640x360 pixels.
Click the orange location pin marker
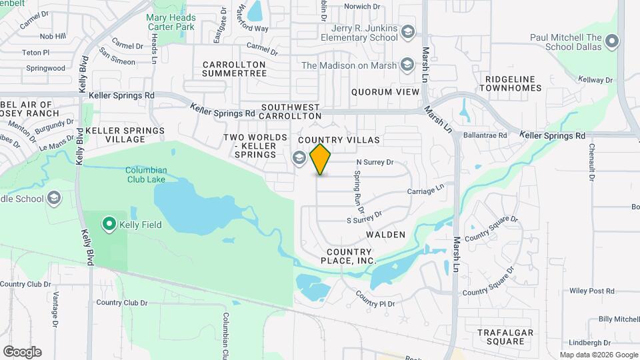click(x=321, y=159)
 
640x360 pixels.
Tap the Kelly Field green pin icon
click(x=109, y=224)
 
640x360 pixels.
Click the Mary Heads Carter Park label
click(x=172, y=22)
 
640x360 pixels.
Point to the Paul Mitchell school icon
click(x=612, y=43)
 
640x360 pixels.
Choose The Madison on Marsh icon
click(x=405, y=65)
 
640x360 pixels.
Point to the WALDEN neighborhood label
click(x=385, y=235)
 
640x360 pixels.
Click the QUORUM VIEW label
click(x=385, y=92)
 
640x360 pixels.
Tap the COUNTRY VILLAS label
click(x=339, y=140)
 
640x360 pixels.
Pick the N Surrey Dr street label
click(x=375, y=161)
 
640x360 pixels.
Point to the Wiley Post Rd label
click(x=592, y=291)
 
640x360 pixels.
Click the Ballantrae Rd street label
click(x=489, y=135)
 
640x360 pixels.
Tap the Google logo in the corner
click(x=22, y=351)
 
